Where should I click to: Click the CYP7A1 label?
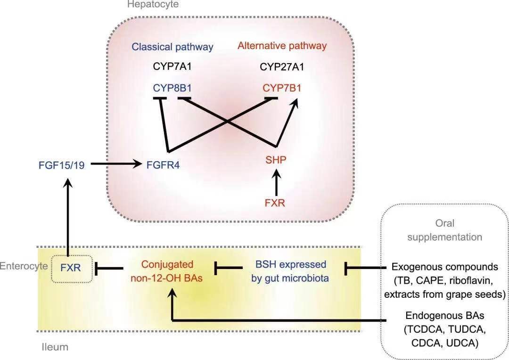click(172, 66)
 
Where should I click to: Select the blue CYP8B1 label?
click(172, 88)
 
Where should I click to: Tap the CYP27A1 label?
click(282, 66)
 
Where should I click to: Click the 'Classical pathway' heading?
click(172, 47)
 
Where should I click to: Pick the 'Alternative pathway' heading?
click(282, 46)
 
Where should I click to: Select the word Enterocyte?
click(24, 266)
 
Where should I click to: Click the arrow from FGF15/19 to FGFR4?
click(115, 164)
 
